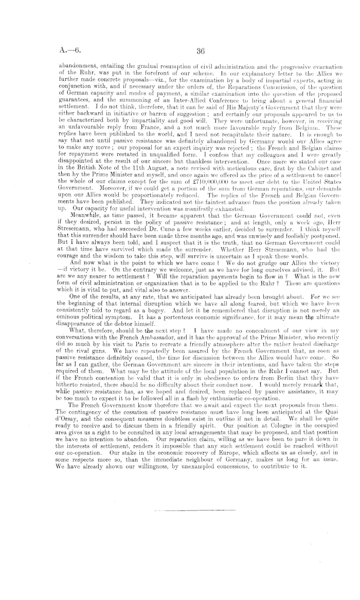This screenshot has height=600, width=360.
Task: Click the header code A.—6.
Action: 68,50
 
